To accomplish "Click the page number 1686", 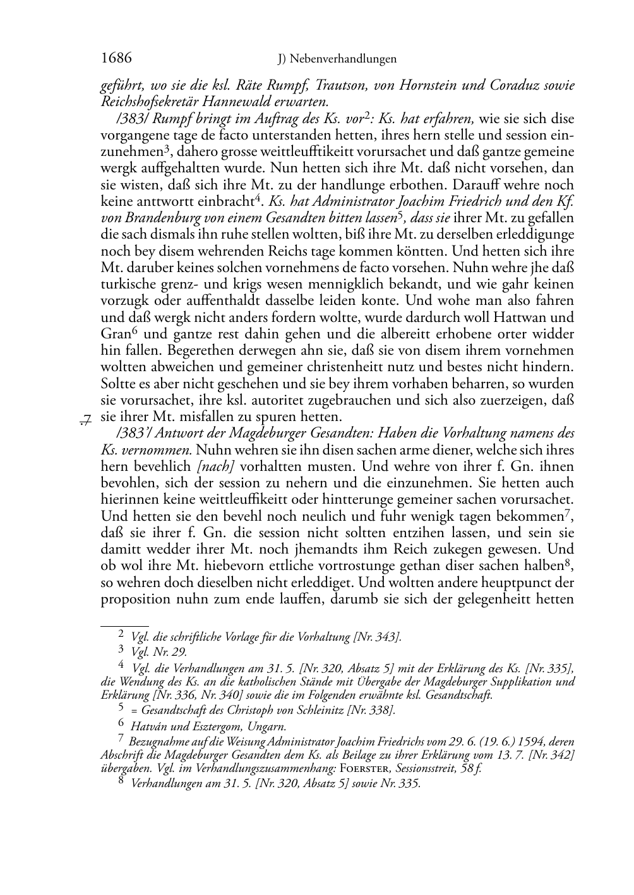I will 116,58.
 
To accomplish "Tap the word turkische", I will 125,284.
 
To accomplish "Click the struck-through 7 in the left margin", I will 87,418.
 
